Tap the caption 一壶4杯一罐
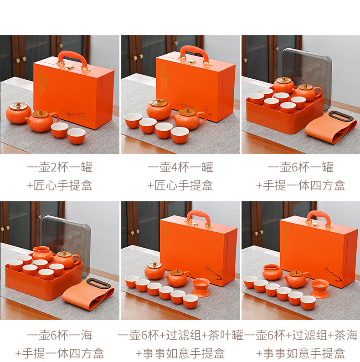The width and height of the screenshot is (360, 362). coord(180,167)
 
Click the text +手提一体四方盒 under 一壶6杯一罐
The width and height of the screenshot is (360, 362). coord(300,185)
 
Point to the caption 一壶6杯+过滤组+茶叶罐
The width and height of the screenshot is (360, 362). coord(180,336)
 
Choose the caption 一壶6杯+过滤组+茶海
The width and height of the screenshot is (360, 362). coord(301,336)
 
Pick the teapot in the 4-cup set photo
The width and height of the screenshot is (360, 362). coord(188,118)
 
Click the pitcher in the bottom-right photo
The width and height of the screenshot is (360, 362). coord(272,272)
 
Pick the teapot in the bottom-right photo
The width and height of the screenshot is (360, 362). coord(297,278)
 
